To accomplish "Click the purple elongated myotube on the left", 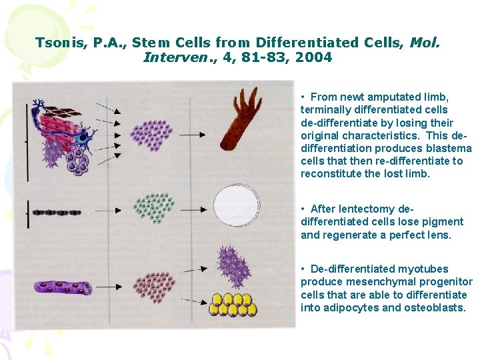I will tap(63, 287).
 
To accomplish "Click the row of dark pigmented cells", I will tap(57, 213).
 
